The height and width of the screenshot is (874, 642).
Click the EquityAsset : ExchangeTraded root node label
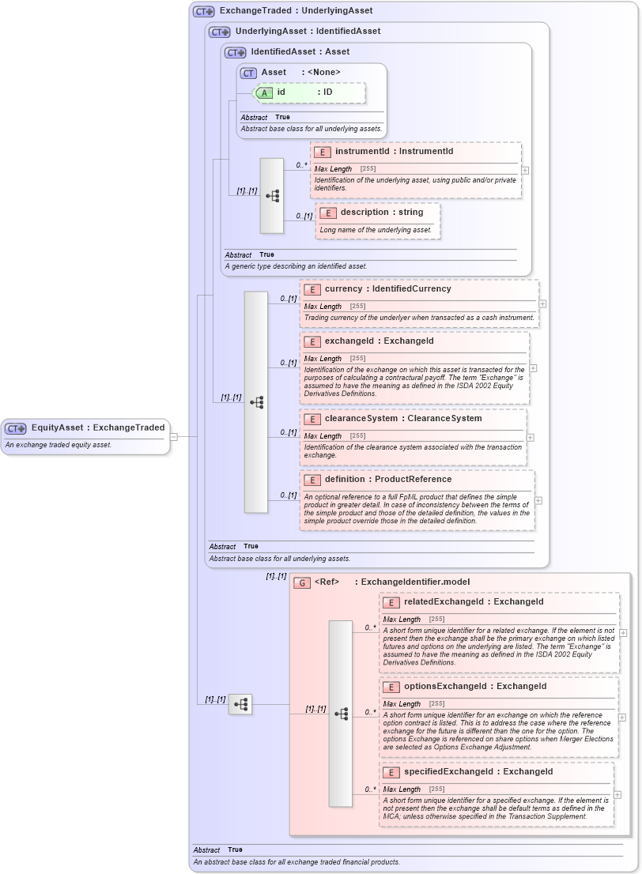pos(97,428)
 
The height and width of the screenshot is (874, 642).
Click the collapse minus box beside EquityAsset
pos(174,435)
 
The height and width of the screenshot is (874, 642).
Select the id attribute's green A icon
pos(265,92)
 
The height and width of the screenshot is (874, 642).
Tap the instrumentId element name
pos(394,151)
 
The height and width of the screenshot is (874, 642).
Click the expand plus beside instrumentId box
pos(526,170)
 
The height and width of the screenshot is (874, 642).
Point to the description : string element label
pos(382,212)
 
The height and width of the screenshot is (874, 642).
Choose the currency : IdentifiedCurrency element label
pos(387,288)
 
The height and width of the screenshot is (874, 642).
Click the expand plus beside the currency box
pos(543,303)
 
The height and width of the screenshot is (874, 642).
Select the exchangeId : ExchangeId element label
pos(379,341)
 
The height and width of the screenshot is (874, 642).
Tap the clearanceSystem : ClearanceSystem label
pos(402,418)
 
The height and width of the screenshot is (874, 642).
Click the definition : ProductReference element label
pos(387,479)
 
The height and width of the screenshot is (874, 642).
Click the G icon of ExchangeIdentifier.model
pos(301,582)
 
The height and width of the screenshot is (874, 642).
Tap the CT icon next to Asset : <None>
pos(248,73)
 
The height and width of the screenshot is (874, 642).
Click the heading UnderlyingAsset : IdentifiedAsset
pos(308,31)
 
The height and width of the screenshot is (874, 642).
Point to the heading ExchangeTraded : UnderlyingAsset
pos(296,11)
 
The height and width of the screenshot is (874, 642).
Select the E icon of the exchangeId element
pos(312,341)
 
